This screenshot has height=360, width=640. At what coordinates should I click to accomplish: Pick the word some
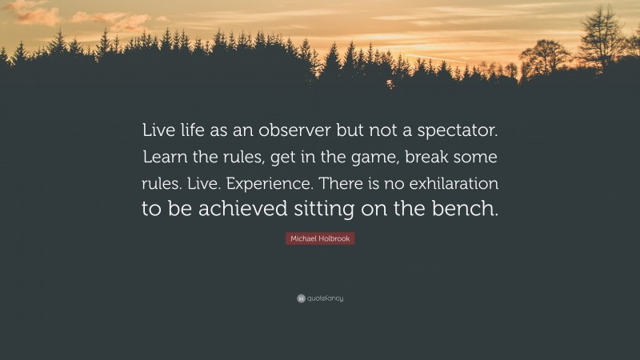tap(478, 158)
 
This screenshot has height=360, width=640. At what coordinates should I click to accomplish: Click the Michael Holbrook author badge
tap(320, 239)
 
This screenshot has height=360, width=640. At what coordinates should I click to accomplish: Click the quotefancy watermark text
tap(326, 298)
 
